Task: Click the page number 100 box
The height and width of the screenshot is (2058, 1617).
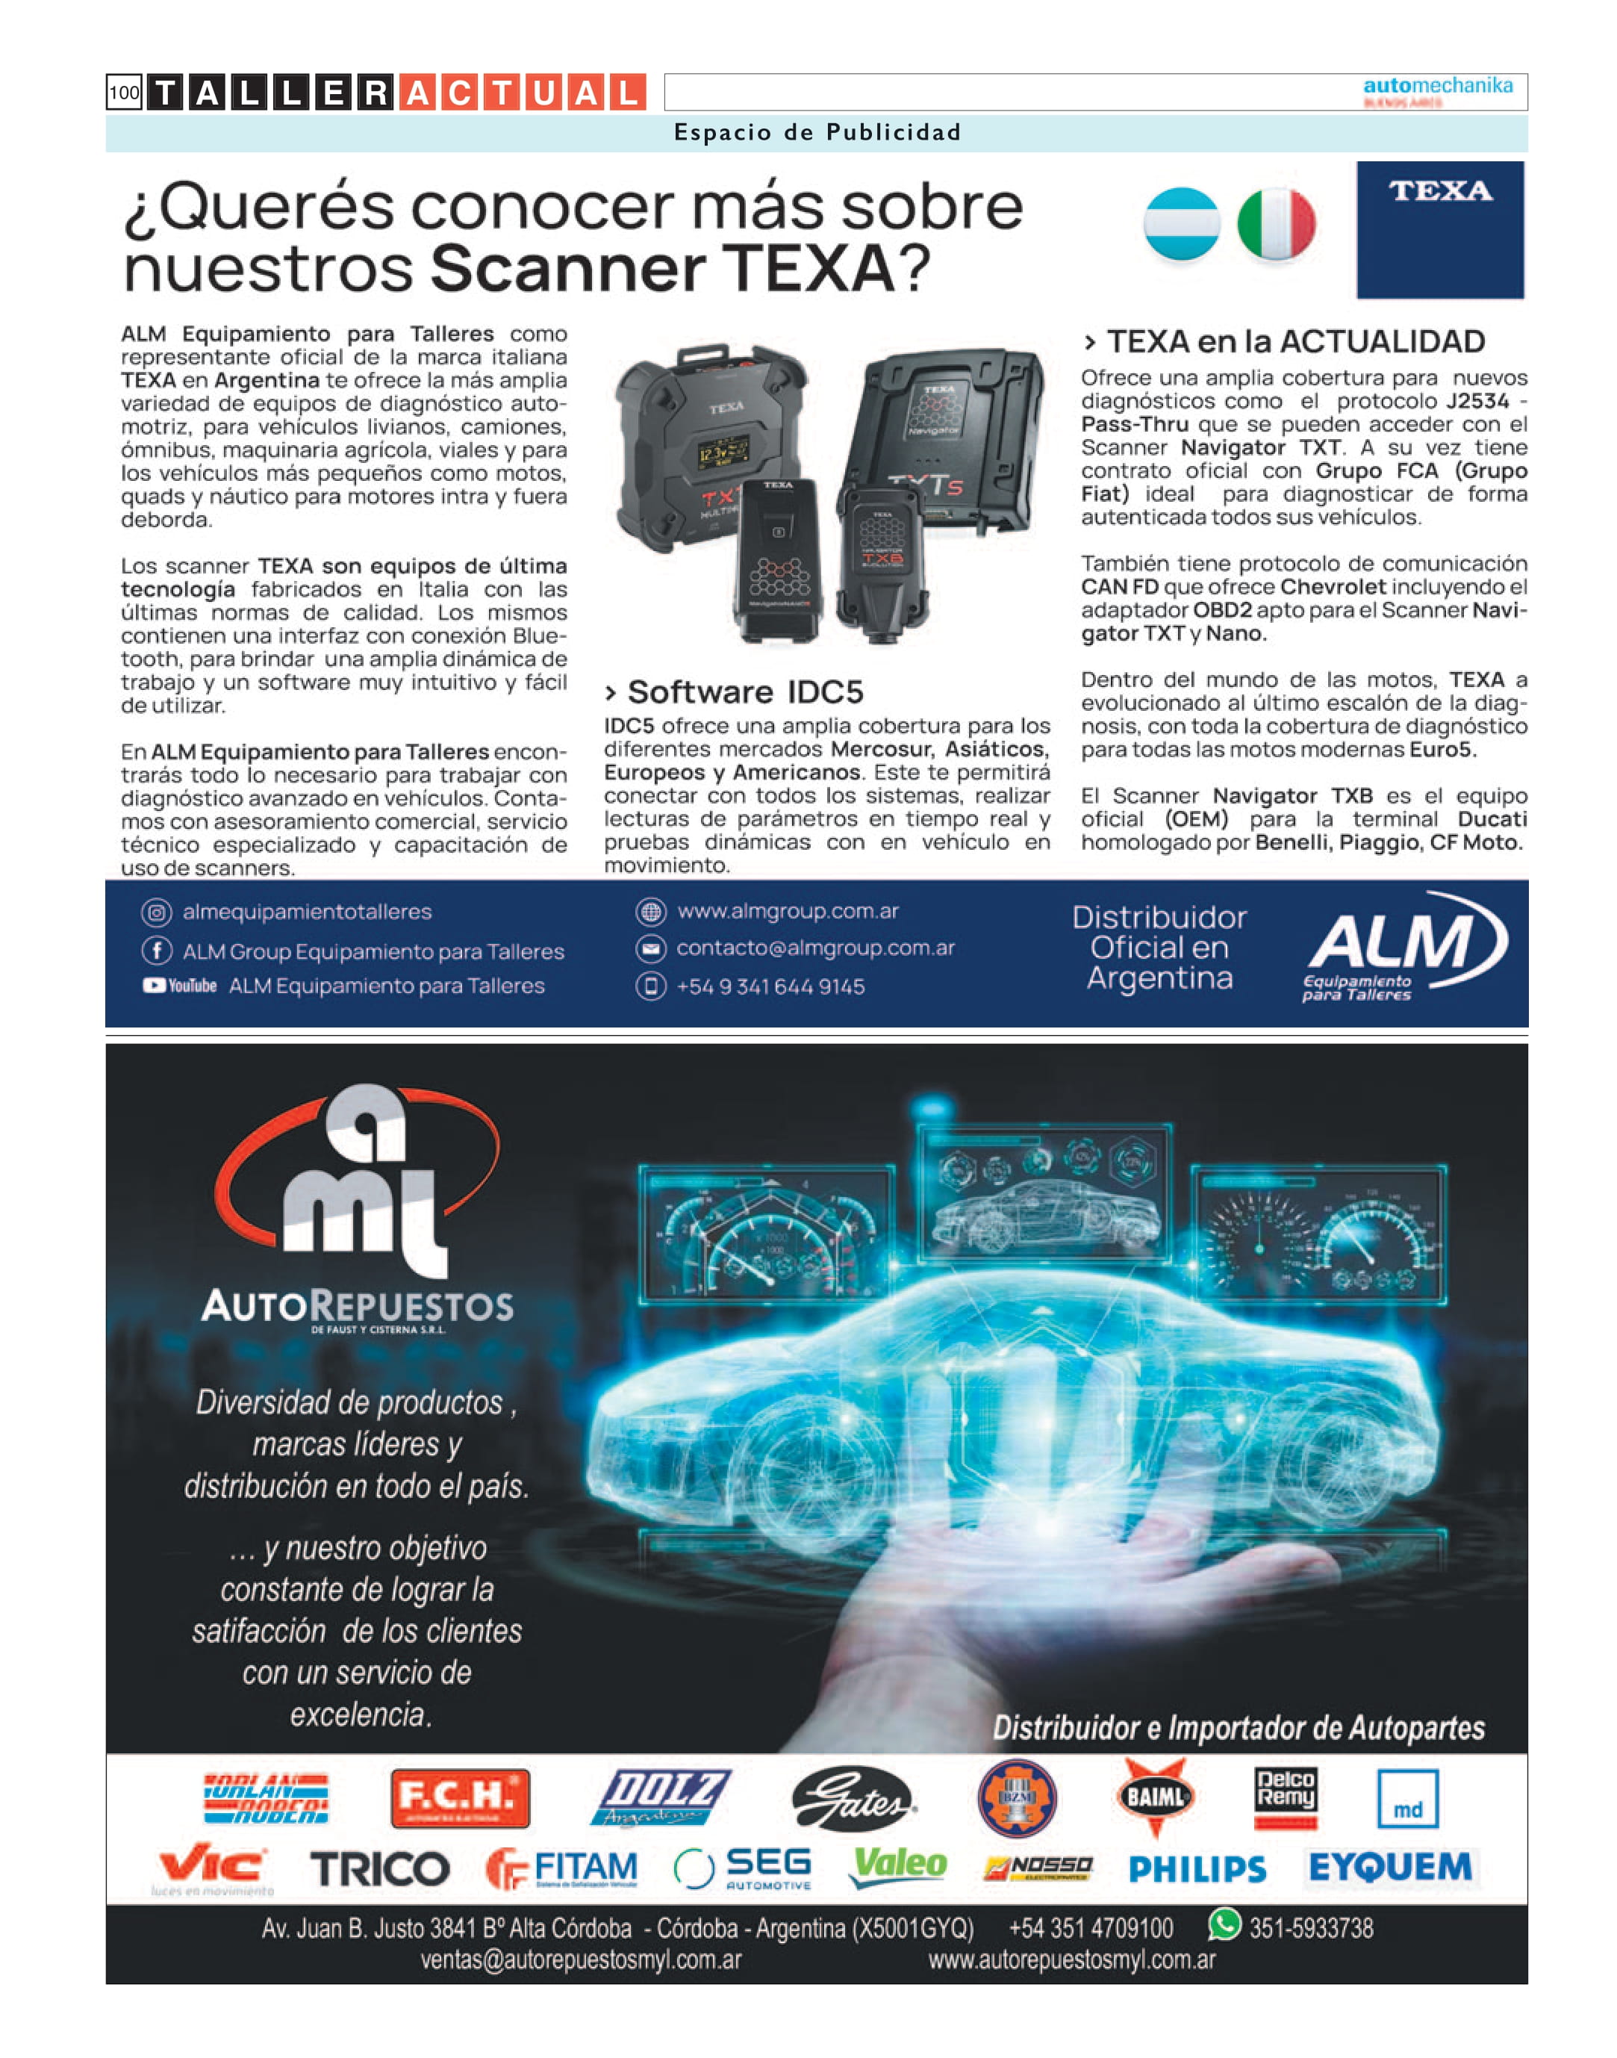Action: tap(124, 93)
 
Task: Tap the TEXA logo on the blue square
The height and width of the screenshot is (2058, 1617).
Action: tap(1439, 192)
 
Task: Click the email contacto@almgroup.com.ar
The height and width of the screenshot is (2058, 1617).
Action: tap(815, 948)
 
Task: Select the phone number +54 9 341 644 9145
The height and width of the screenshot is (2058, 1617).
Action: tap(770, 987)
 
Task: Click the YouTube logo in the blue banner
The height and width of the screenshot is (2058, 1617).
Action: tap(180, 986)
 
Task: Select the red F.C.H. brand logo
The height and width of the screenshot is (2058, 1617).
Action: tap(460, 1797)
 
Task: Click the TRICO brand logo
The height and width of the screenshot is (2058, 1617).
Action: tap(380, 1868)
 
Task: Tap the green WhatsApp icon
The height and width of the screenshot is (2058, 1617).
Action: tap(1224, 1924)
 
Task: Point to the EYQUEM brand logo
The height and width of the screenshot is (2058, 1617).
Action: tap(1390, 1868)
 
